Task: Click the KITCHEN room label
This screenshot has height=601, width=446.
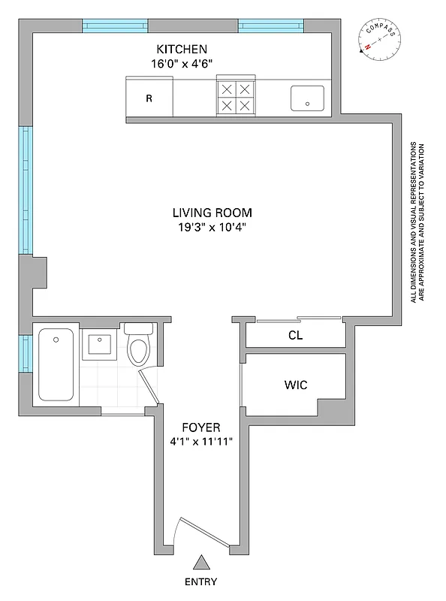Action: point(176,49)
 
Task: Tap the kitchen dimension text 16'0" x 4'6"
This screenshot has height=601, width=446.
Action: point(176,64)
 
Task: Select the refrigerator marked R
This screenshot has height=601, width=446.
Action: point(149,98)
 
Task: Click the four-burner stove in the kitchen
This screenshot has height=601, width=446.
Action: point(236,98)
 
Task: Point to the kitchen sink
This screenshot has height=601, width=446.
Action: point(307,98)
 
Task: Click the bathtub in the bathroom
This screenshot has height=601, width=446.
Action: point(56,364)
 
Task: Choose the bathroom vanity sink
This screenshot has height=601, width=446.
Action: point(100,346)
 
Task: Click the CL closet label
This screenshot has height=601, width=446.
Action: point(295,336)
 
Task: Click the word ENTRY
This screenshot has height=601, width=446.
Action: point(201,582)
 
